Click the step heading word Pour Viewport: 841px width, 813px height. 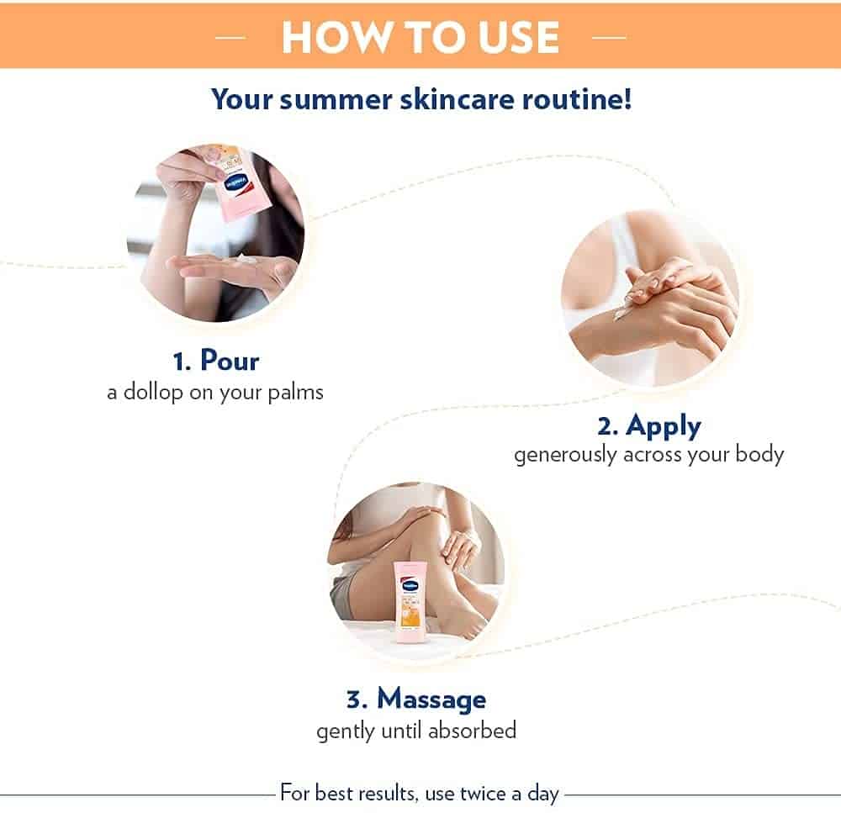pos(230,360)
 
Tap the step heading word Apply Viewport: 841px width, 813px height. pos(664,427)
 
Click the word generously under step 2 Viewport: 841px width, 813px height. pos(565,456)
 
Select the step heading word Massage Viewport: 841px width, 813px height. pos(431,699)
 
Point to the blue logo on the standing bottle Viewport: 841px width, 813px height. pos(411,585)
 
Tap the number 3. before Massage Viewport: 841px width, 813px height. pos(357,700)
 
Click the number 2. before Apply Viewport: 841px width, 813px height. pos(608,427)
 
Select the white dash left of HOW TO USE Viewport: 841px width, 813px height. pos(230,38)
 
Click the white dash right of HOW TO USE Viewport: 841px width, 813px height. pos(609,38)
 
